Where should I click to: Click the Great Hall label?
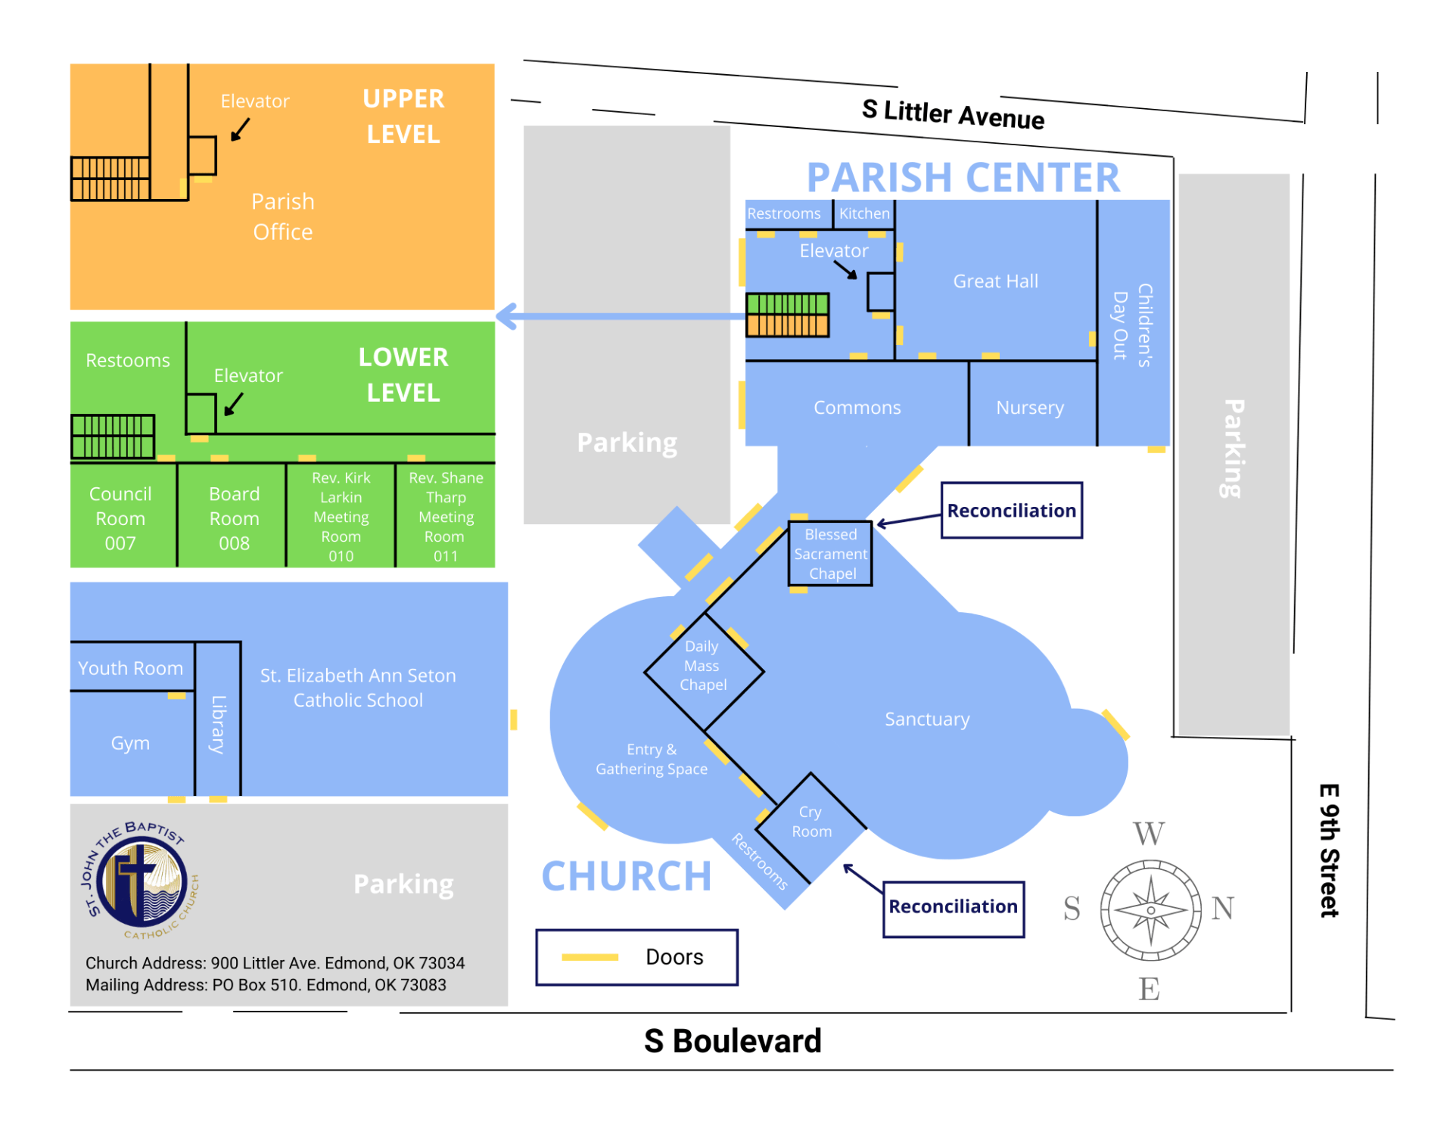(995, 281)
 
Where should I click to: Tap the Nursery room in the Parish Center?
(1030, 408)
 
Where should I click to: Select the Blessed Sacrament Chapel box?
(830, 554)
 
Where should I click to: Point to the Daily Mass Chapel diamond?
(703, 666)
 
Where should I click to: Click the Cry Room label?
(811, 822)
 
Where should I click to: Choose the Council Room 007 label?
(120, 518)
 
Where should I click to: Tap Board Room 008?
(234, 518)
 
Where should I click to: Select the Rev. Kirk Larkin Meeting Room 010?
(341, 517)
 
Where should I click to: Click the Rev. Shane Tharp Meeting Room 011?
(446, 517)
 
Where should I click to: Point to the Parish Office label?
(282, 216)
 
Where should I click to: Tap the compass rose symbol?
(1150, 910)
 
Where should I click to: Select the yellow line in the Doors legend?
(590, 958)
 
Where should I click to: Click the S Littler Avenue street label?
(953, 114)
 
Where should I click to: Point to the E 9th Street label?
(1329, 850)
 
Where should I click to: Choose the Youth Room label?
(130, 669)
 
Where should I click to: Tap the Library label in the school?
(218, 724)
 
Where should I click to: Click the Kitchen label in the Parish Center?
(864, 214)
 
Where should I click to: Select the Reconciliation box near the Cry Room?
(953, 907)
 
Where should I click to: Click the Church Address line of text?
(275, 963)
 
